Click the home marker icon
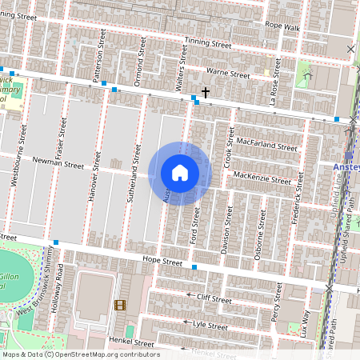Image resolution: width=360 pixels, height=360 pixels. (x=180, y=173)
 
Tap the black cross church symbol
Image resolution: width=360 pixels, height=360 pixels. (x=206, y=93)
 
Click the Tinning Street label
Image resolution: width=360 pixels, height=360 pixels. (x=207, y=41)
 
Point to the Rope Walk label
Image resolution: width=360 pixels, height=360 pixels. (x=282, y=26)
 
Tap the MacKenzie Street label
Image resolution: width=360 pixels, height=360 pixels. (x=262, y=181)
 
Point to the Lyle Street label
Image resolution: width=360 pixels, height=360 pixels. (x=211, y=324)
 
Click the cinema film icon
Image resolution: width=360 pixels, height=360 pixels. (x=120, y=305)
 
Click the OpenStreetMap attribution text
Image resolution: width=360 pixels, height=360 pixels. (x=81, y=354)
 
